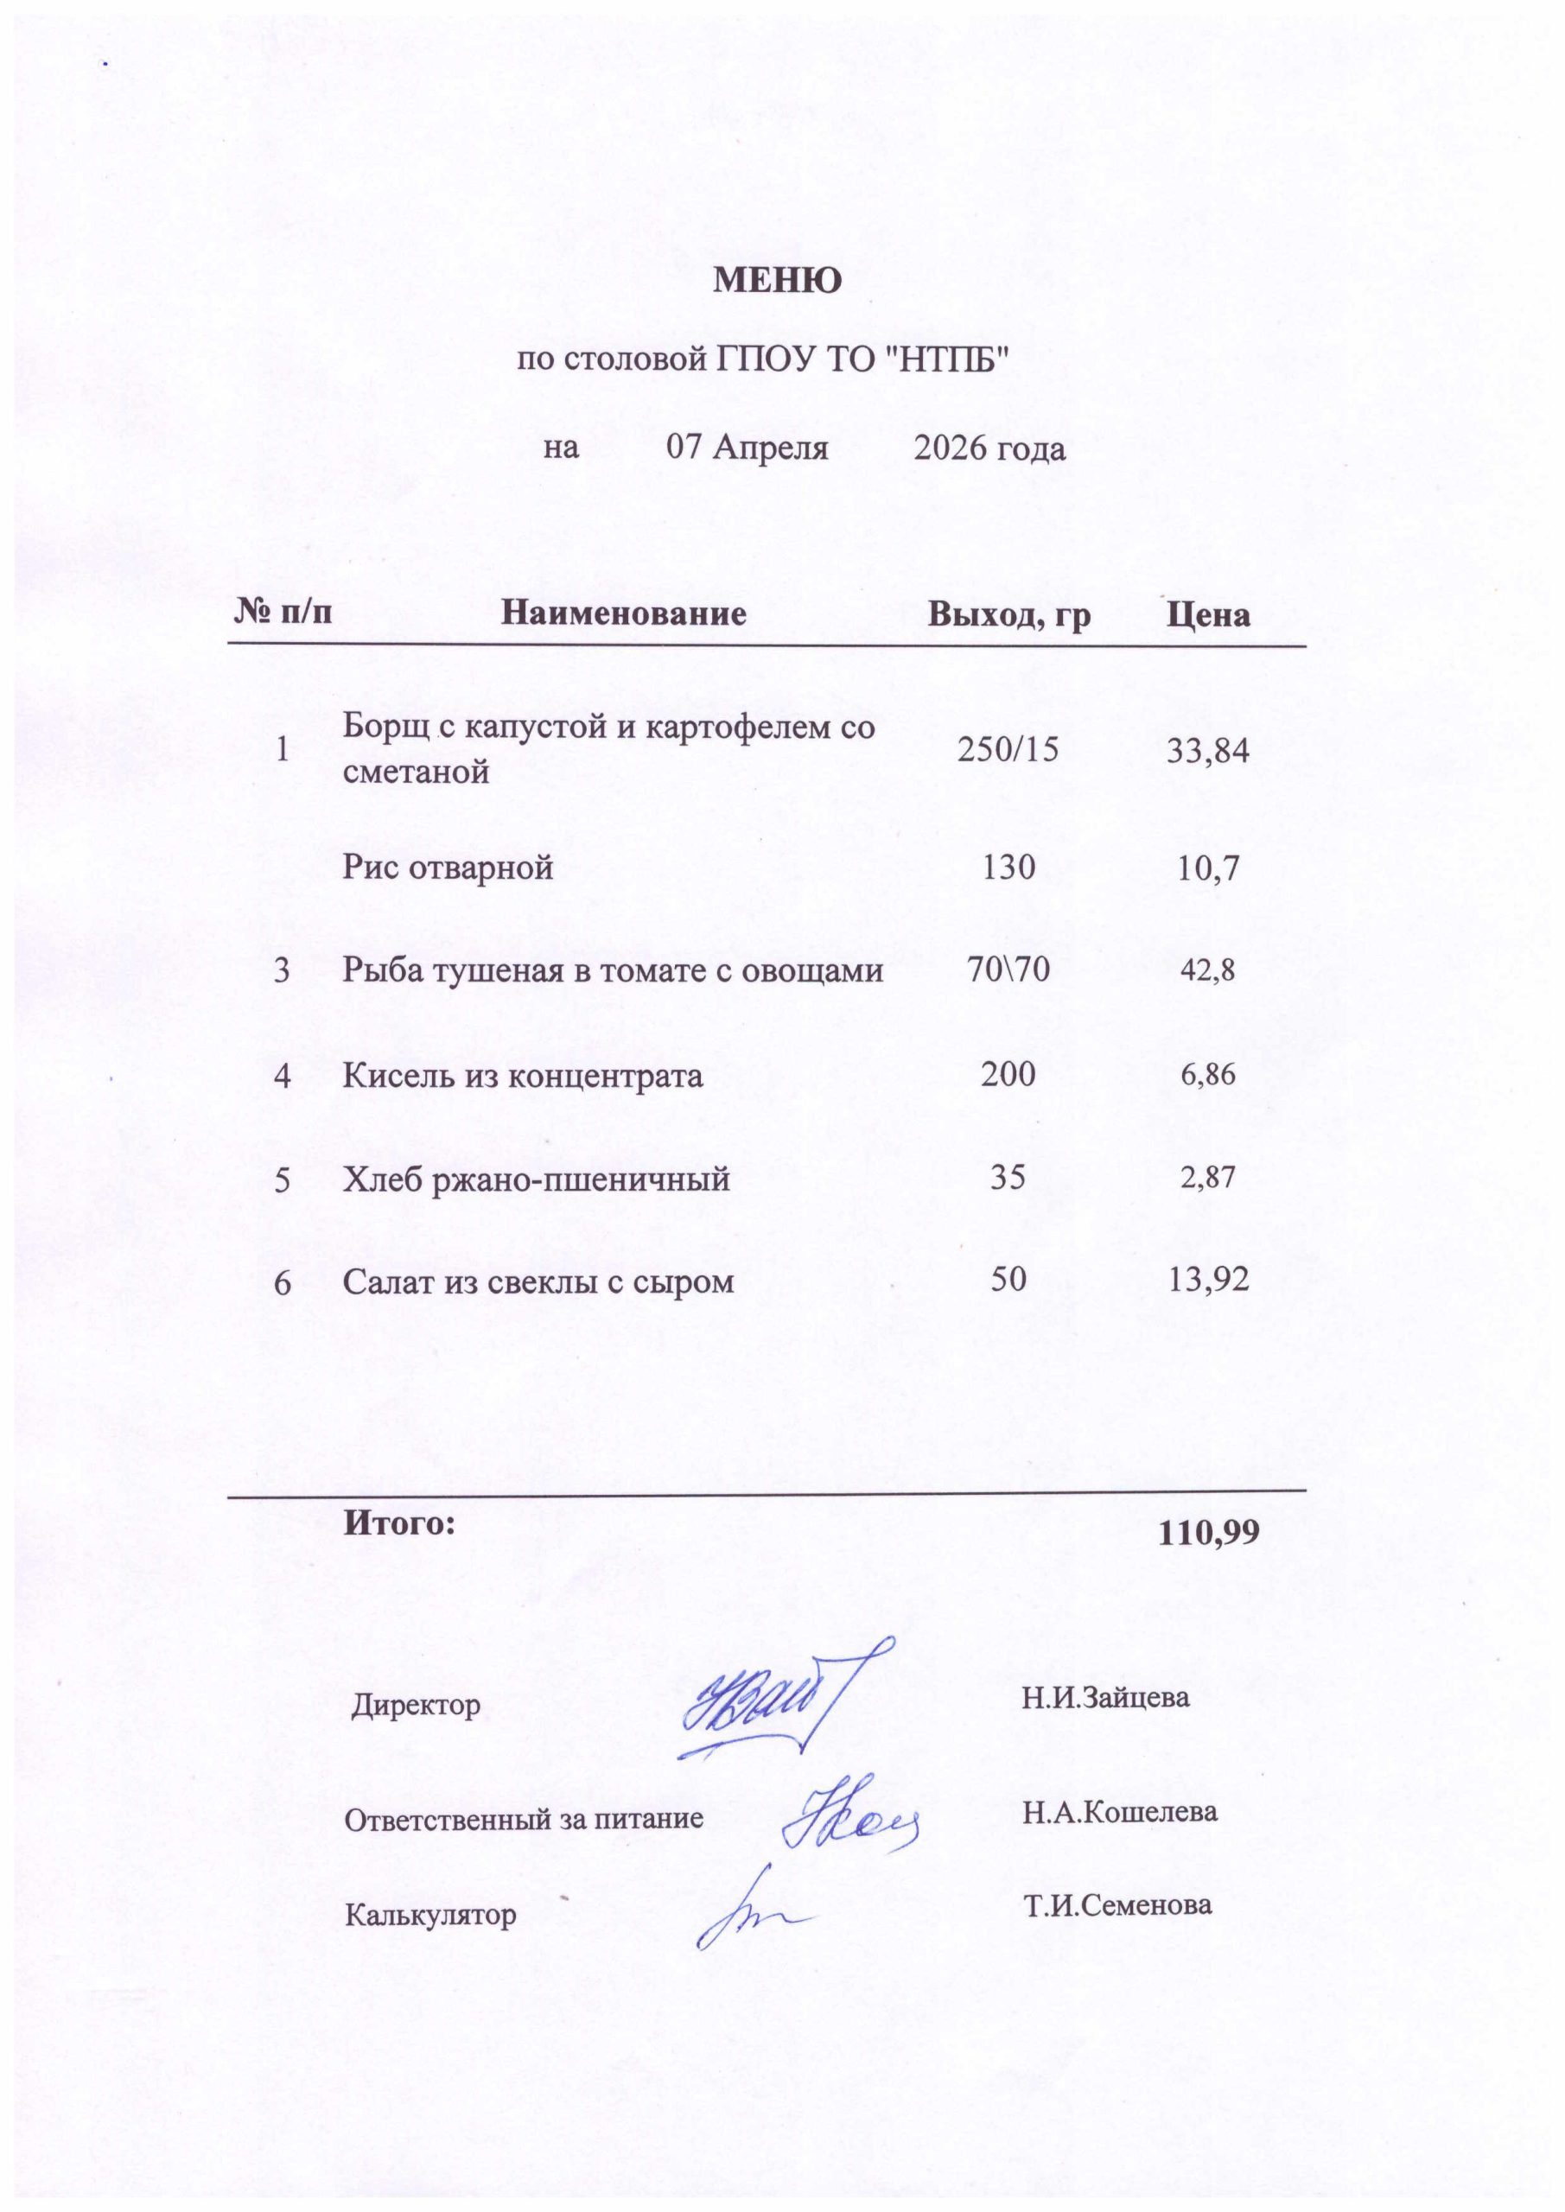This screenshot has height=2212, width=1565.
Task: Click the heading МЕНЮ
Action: pyautogui.click(x=777, y=280)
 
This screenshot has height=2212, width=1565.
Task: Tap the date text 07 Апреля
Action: pyautogui.click(x=748, y=449)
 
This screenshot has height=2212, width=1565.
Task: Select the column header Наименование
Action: pyautogui.click(x=624, y=613)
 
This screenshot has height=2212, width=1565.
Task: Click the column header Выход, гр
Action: pyautogui.click(x=1009, y=614)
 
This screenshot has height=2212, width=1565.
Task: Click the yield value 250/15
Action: pyautogui.click(x=1007, y=748)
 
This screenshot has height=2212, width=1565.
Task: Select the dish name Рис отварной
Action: pyautogui.click(x=449, y=868)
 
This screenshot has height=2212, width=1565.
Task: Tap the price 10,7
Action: pyautogui.click(x=1208, y=869)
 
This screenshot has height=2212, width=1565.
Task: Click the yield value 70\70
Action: pyautogui.click(x=1008, y=970)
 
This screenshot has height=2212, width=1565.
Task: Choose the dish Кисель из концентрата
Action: pyautogui.click(x=522, y=1074)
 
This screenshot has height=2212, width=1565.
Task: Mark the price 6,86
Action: pyautogui.click(x=1208, y=1074)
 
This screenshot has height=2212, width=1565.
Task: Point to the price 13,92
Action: pyautogui.click(x=1208, y=1281)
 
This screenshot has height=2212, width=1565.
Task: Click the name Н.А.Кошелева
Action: pyautogui.click(x=1120, y=1812)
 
